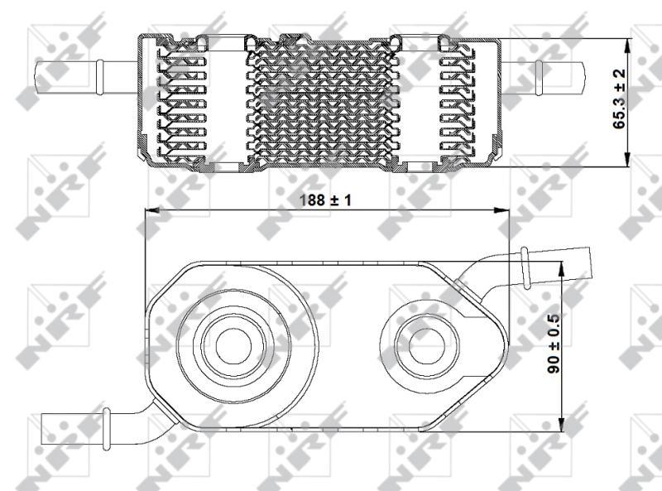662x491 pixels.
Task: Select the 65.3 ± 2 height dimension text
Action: pos(619,101)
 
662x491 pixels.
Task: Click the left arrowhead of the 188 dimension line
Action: pos(150,212)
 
